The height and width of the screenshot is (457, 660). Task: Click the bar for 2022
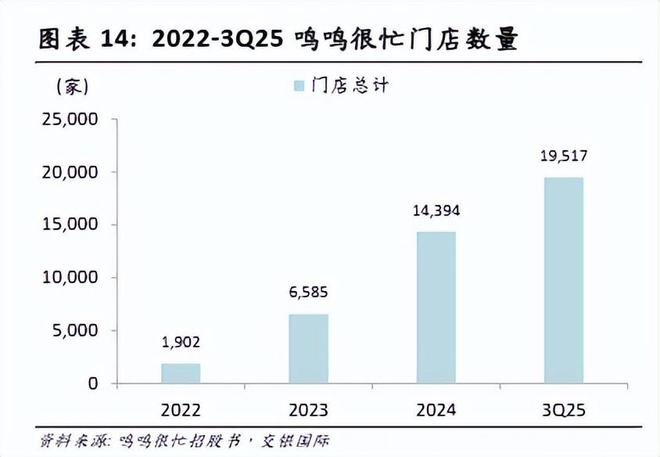(181, 373)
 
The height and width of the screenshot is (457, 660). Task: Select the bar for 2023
(308, 348)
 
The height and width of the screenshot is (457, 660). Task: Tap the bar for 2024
(436, 307)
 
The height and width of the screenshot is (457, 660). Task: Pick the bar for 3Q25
(563, 280)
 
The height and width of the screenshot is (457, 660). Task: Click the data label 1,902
(181, 341)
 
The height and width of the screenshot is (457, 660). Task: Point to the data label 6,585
(308, 292)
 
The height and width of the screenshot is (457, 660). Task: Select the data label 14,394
(436, 211)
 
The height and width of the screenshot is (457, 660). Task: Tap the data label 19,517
(563, 156)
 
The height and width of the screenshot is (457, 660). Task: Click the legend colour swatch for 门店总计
(298, 85)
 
